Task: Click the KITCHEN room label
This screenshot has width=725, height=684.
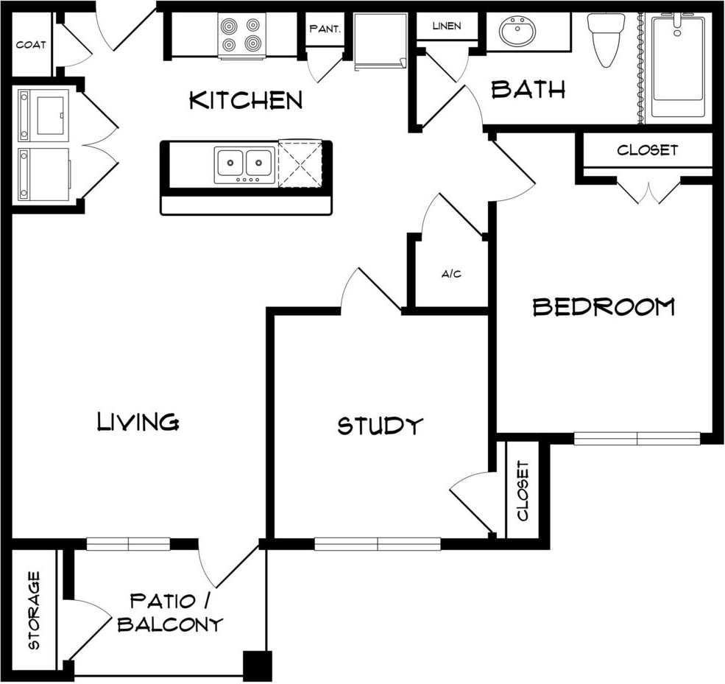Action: click(246, 100)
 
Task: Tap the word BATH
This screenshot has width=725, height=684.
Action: click(528, 89)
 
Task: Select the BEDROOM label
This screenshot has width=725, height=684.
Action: click(604, 306)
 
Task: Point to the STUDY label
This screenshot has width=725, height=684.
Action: click(380, 426)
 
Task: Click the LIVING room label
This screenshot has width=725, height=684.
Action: click(138, 421)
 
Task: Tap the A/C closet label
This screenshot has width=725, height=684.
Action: click(451, 274)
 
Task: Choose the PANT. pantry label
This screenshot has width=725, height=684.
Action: click(325, 29)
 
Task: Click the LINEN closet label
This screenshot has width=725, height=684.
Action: click(447, 26)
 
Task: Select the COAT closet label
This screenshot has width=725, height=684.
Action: click(31, 45)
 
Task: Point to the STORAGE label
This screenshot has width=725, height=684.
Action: click(34, 610)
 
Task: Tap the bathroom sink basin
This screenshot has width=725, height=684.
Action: click(518, 30)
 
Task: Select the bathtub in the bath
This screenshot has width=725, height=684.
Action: click(679, 66)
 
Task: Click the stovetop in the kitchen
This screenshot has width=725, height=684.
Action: click(241, 35)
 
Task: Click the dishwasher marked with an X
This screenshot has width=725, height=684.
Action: click(300, 164)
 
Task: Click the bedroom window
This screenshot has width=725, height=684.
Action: click(637, 438)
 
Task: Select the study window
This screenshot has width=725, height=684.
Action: click(378, 544)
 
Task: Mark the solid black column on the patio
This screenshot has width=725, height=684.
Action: click(258, 666)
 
